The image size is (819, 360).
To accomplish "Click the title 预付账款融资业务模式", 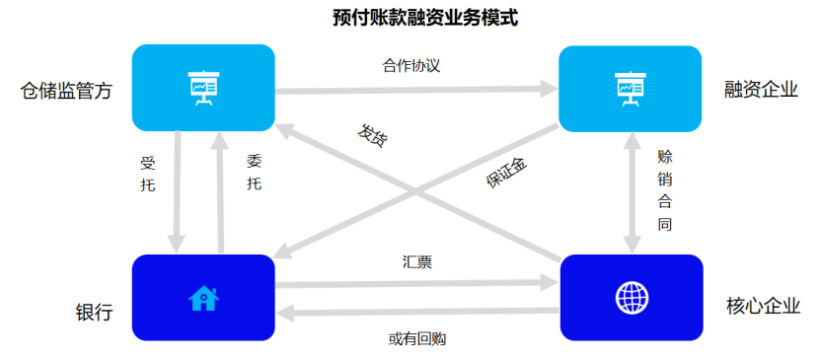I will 411,18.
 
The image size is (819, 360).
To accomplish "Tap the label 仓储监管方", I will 66,92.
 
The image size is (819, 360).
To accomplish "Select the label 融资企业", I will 760,90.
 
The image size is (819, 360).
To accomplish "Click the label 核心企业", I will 761,305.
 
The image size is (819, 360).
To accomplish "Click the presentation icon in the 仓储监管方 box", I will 203,88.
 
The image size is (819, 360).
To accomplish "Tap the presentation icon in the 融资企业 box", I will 630,88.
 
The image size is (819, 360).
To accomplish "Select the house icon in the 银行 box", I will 203,298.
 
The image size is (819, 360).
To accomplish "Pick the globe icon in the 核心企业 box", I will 631,297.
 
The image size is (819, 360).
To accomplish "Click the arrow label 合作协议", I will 410,66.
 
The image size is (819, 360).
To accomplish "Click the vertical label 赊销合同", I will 664,190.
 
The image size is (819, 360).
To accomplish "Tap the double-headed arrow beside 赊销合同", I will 632,192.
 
